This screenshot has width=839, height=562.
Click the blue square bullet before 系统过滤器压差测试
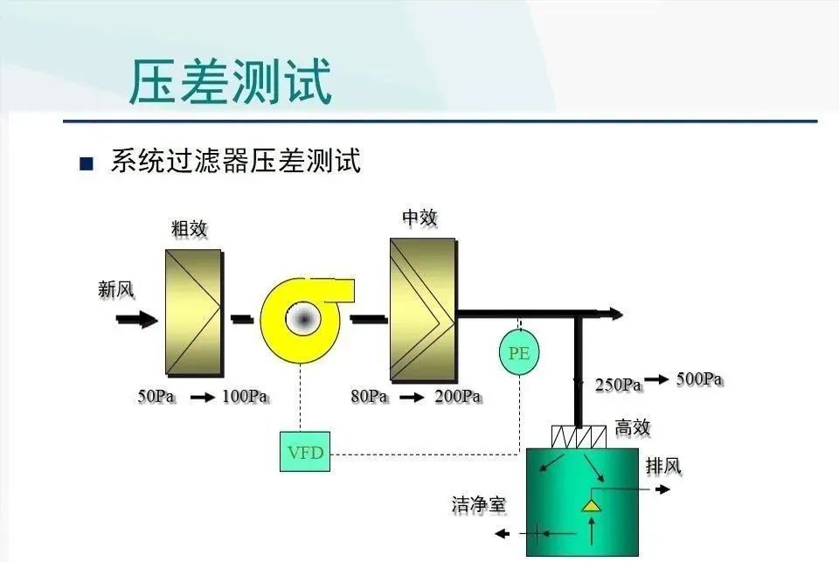(x=86, y=163)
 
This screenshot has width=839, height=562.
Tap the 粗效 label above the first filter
(x=190, y=229)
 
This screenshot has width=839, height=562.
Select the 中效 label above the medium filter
(x=419, y=218)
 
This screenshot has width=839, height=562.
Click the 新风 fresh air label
(x=116, y=289)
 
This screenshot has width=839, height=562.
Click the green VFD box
(x=305, y=451)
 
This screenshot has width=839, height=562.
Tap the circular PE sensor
(x=519, y=353)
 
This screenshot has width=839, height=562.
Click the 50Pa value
(x=157, y=397)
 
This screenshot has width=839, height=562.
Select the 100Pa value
(x=245, y=397)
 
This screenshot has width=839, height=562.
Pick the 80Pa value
(x=370, y=397)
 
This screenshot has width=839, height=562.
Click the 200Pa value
(x=458, y=397)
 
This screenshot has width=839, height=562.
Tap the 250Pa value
(x=619, y=384)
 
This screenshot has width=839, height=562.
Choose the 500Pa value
(x=699, y=379)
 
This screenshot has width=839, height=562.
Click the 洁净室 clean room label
(x=478, y=504)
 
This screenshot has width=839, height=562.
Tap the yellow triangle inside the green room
(x=593, y=505)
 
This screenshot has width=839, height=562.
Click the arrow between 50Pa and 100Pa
(x=203, y=398)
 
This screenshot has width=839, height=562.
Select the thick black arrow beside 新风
(x=137, y=320)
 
